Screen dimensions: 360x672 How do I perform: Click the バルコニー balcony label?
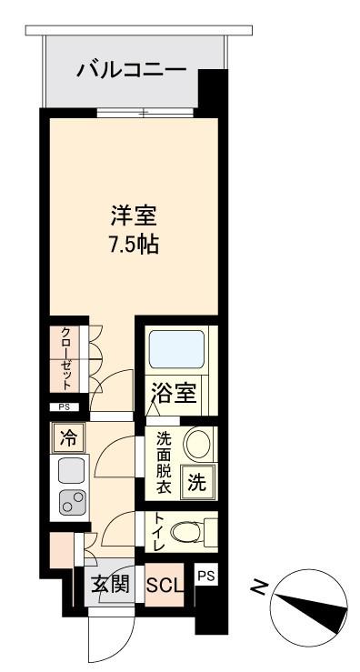pos(132,69)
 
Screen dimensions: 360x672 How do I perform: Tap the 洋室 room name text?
pos(134,216)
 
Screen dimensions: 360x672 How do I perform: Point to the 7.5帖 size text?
pos(134,245)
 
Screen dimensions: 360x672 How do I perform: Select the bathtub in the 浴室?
pos(176,349)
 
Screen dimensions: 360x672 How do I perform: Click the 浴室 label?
pos(175,392)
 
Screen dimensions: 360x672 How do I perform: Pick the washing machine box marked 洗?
pos(197,483)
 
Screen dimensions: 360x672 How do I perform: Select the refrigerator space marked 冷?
pos(68,438)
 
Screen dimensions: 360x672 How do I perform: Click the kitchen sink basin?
pos(72,471)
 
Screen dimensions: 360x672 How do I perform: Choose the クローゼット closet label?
pos(65,359)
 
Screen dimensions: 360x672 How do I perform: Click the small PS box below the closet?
pos(65,407)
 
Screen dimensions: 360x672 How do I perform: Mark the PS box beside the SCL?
pos(206,576)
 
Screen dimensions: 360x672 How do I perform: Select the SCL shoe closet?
pos(165,585)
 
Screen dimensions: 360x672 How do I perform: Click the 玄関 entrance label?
pos(110,584)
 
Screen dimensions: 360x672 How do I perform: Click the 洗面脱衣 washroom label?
pos(164,463)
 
